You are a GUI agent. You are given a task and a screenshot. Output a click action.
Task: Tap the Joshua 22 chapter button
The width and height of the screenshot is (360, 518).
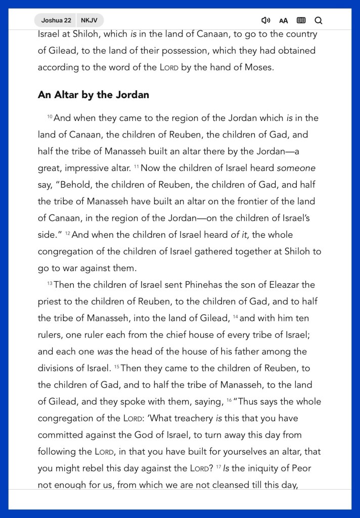coord(56,20)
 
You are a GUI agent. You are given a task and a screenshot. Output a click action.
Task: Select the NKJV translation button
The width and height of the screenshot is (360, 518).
coord(89,20)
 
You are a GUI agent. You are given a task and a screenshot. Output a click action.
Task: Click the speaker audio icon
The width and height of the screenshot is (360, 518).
coord(265,20)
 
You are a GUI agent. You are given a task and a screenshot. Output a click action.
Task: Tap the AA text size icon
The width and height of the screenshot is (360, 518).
coord(283,21)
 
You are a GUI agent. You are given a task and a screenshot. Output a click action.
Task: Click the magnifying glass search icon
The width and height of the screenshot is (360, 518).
coord(318,20)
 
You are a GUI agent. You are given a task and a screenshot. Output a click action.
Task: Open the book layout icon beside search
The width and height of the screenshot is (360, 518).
coord(301,20)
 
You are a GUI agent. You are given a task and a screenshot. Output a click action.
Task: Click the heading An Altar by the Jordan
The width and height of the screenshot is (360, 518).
coord(93,95)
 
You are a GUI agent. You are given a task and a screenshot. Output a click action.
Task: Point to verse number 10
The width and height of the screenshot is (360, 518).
coord(50,117)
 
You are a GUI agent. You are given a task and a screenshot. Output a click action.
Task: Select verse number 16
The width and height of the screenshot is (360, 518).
coord(229,401)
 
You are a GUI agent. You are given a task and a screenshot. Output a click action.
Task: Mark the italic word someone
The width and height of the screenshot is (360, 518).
coord(296,168)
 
